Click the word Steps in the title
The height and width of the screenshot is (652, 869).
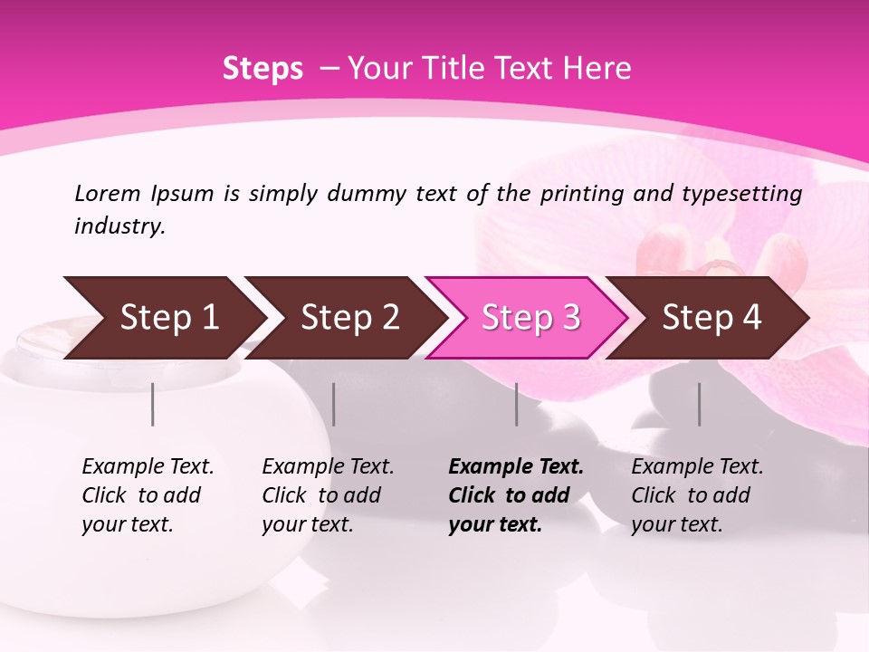pos(263,69)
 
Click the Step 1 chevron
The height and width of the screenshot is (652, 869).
pos(163,318)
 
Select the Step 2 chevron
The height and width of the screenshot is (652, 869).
pos(349,318)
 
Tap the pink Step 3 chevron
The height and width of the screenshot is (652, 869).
pos(530,318)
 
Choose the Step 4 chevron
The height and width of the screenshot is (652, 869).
pos(711,318)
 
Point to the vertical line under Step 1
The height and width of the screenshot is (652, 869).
pos(153,404)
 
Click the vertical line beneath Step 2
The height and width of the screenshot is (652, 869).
pos(334,404)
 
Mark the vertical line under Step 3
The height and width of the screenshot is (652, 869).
pos(517,404)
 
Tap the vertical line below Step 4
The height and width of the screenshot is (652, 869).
pos(700,404)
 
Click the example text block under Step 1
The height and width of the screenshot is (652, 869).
pos(148,495)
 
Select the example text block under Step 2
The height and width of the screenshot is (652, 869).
pos(328,495)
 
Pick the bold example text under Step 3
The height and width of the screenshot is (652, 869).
pos(516,495)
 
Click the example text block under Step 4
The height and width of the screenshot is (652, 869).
pos(697,495)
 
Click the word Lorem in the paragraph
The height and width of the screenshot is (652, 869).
pos(108,193)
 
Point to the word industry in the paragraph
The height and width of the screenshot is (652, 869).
pos(119,226)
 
